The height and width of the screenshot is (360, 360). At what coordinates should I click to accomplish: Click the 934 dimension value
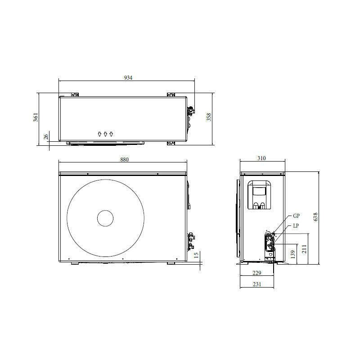tap(128, 77)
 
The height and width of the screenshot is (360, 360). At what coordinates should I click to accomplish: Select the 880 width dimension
tap(125, 159)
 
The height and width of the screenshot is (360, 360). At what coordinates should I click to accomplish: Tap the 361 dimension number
tap(36, 117)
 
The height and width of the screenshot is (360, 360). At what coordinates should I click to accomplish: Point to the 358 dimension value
tap(209, 117)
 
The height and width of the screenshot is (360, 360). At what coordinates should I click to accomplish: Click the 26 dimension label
tap(46, 137)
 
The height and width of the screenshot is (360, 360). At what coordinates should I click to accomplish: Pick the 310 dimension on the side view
tap(261, 158)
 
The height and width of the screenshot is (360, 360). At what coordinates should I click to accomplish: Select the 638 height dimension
tap(315, 217)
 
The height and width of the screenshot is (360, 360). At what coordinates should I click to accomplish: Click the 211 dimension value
tap(304, 249)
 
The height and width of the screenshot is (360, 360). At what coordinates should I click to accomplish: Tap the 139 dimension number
tap(292, 254)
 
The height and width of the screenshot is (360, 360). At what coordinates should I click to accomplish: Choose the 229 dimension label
tap(257, 273)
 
